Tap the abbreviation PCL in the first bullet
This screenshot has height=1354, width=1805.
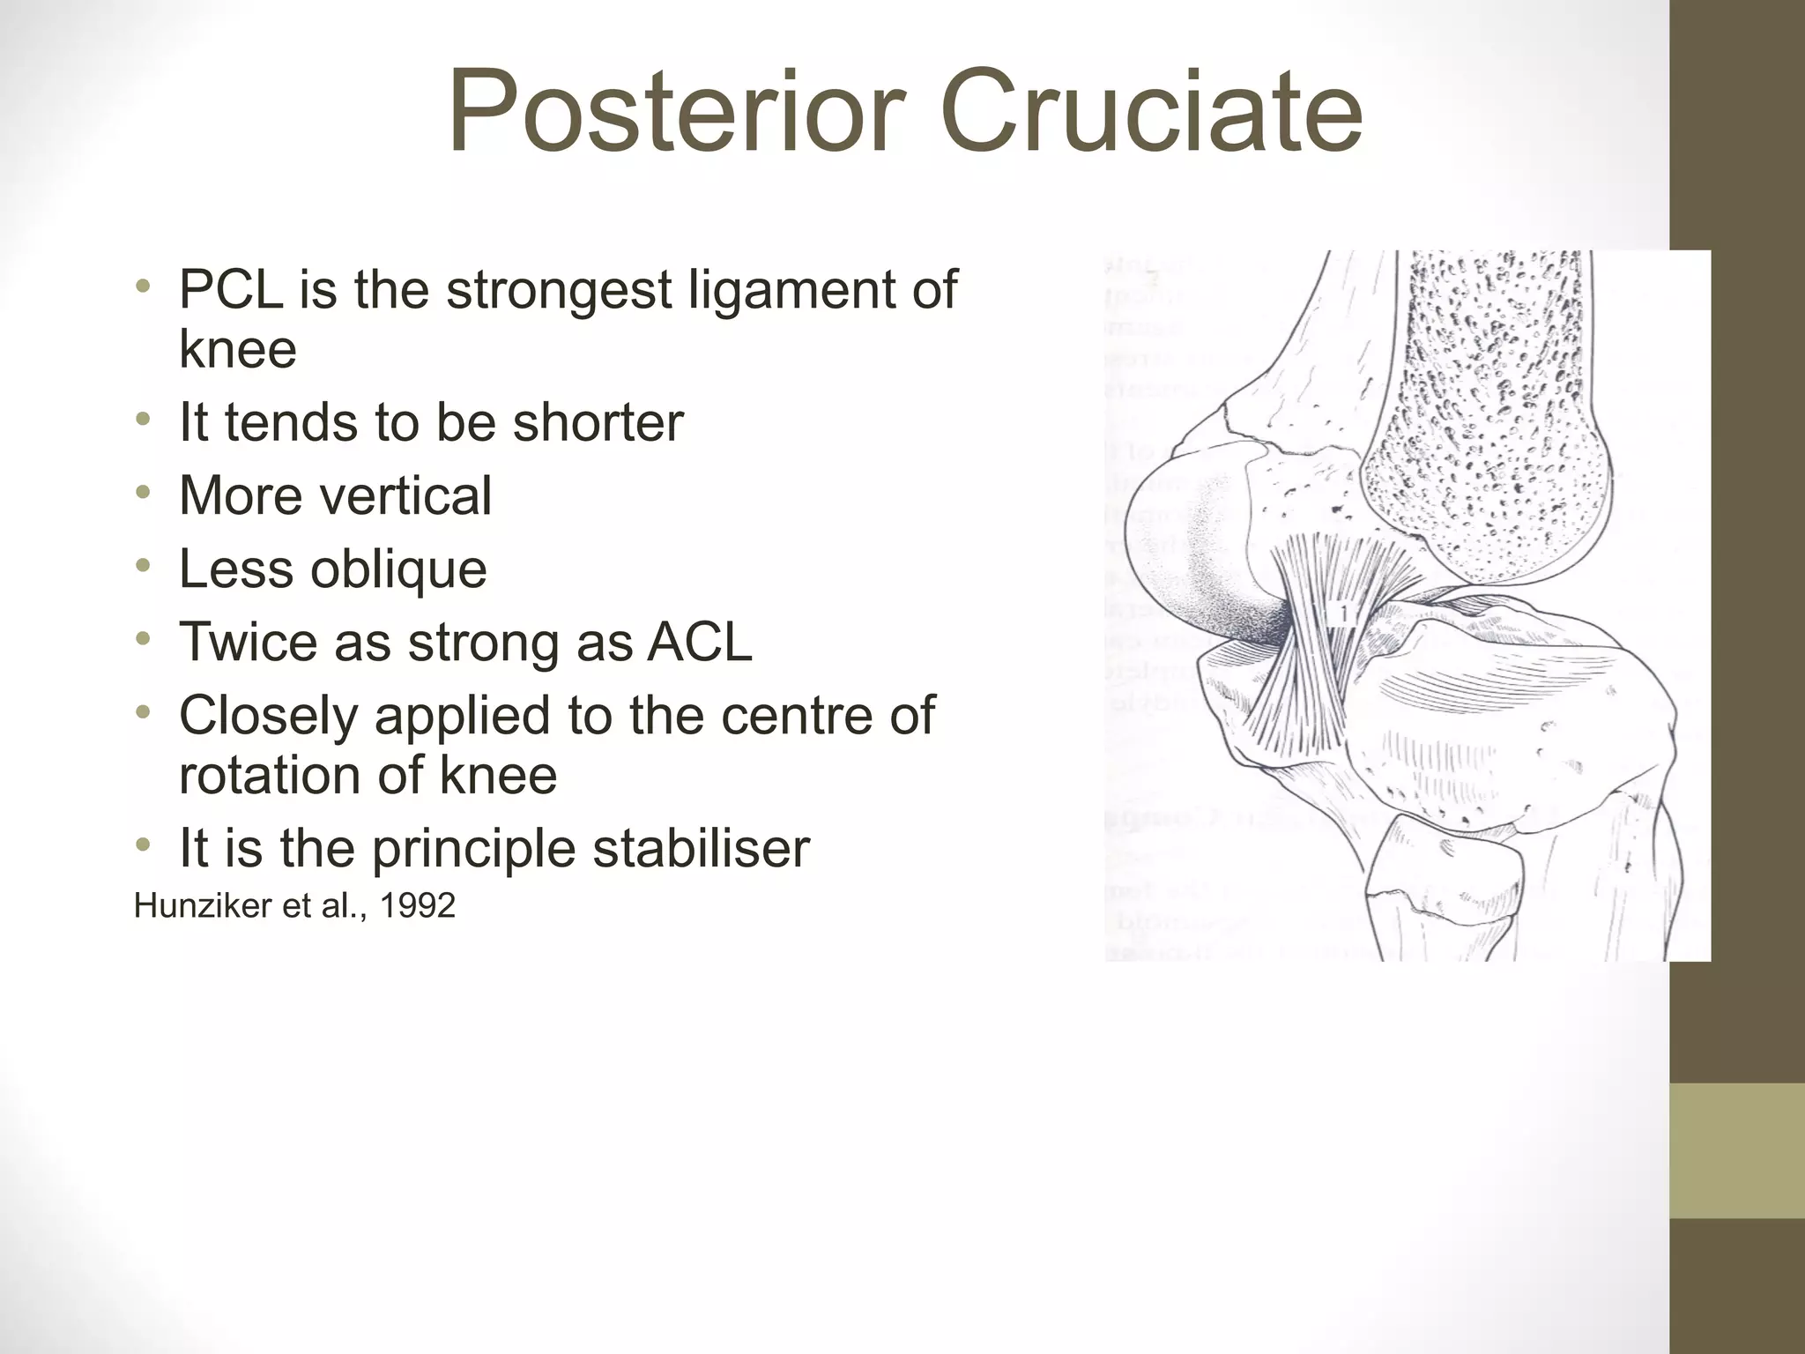231,289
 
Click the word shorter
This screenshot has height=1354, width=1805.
598,422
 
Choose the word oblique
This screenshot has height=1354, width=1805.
397,570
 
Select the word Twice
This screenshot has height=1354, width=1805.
248,642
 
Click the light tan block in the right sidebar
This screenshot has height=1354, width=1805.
1736,1150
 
